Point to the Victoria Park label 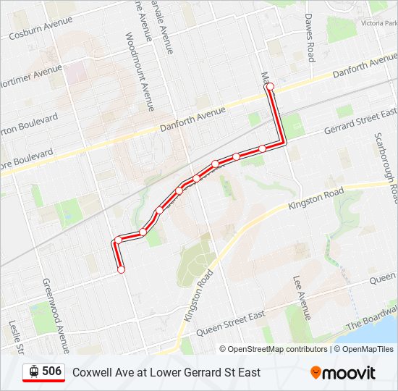point(379,22)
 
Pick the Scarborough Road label point(387,167)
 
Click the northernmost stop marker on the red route point(271,87)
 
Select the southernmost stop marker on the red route point(121,269)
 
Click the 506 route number point(51,371)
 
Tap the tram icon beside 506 point(33,371)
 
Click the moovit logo point(343,373)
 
